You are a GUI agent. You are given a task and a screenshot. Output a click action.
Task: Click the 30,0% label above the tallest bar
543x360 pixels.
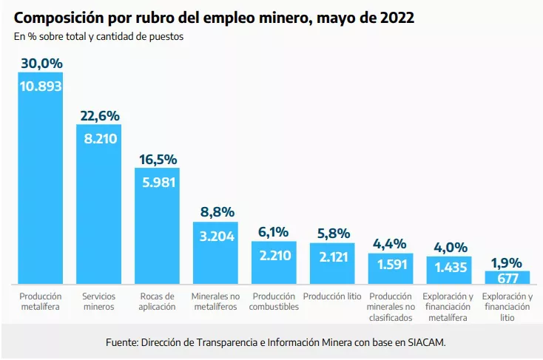(41, 64)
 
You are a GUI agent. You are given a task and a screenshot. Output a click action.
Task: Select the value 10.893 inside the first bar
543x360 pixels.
(41, 86)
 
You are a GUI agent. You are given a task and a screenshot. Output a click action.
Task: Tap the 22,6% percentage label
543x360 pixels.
(98, 116)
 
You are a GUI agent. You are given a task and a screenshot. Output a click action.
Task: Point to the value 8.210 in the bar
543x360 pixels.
(98, 138)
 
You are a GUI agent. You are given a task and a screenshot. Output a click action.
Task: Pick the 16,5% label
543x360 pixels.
(157, 160)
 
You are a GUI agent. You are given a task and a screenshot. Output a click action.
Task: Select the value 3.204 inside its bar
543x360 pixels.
(215, 237)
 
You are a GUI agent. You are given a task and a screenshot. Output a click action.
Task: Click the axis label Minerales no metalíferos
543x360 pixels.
(215, 302)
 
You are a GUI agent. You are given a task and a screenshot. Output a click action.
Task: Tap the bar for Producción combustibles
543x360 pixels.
(274, 263)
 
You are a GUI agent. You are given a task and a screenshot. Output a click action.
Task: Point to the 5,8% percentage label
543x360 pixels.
(332, 234)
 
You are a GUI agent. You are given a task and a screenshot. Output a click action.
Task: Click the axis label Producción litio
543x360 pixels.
(332, 296)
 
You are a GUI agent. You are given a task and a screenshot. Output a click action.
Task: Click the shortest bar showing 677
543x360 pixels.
(507, 278)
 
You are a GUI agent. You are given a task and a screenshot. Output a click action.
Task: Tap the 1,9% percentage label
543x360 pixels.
(507, 262)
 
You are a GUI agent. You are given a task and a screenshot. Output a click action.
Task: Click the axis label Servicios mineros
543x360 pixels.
(98, 302)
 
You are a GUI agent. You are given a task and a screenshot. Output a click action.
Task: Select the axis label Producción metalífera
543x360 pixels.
(41, 302)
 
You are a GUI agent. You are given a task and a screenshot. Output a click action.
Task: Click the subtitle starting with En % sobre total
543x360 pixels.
(98, 36)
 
